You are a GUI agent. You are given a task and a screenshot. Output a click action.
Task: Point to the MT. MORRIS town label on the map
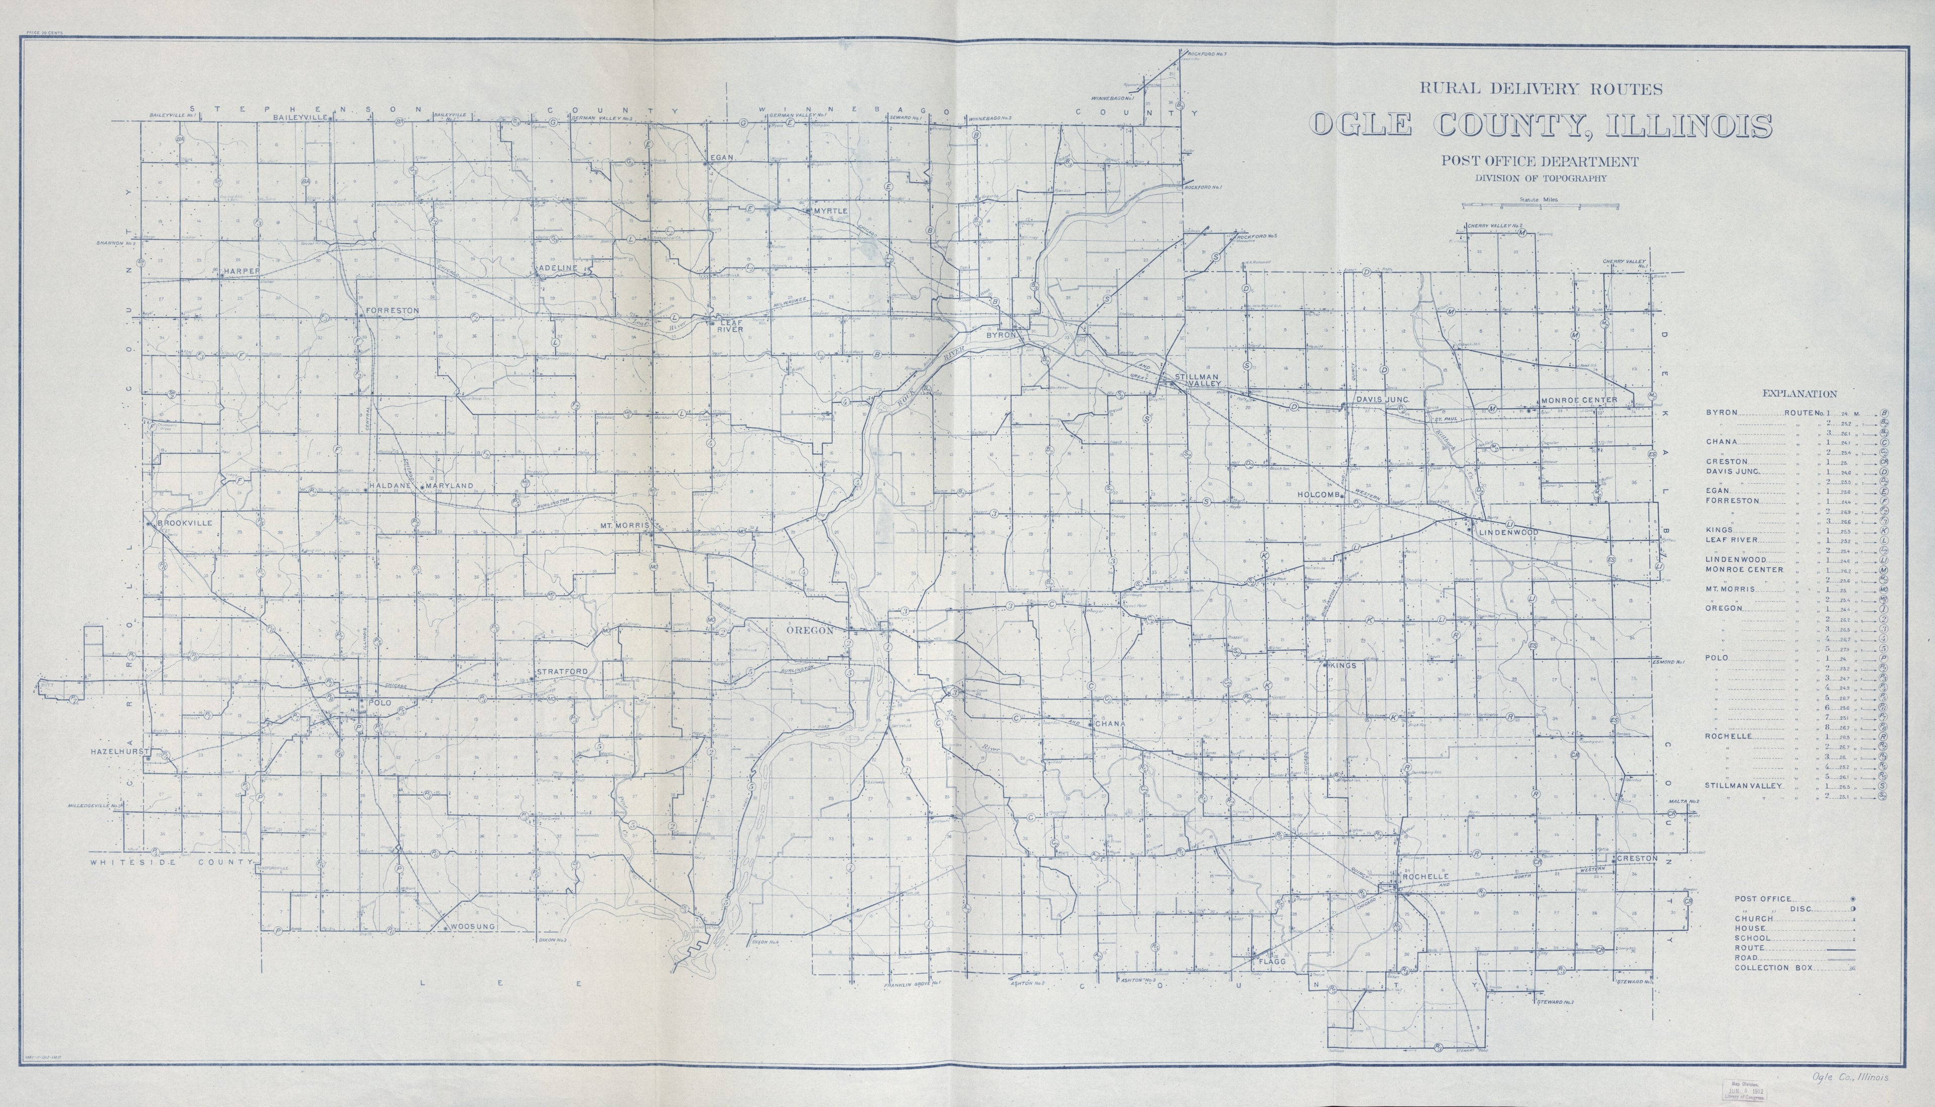coord(624,525)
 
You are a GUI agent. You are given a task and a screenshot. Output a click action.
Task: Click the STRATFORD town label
coord(562,672)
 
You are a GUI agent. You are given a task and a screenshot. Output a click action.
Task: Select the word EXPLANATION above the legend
coord(1799,394)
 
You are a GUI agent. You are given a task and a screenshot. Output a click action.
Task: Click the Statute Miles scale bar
coord(1539,205)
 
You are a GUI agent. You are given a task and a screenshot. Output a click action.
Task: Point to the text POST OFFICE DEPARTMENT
coord(1539,161)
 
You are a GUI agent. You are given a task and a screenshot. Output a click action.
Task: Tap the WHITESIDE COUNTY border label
coord(170,863)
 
